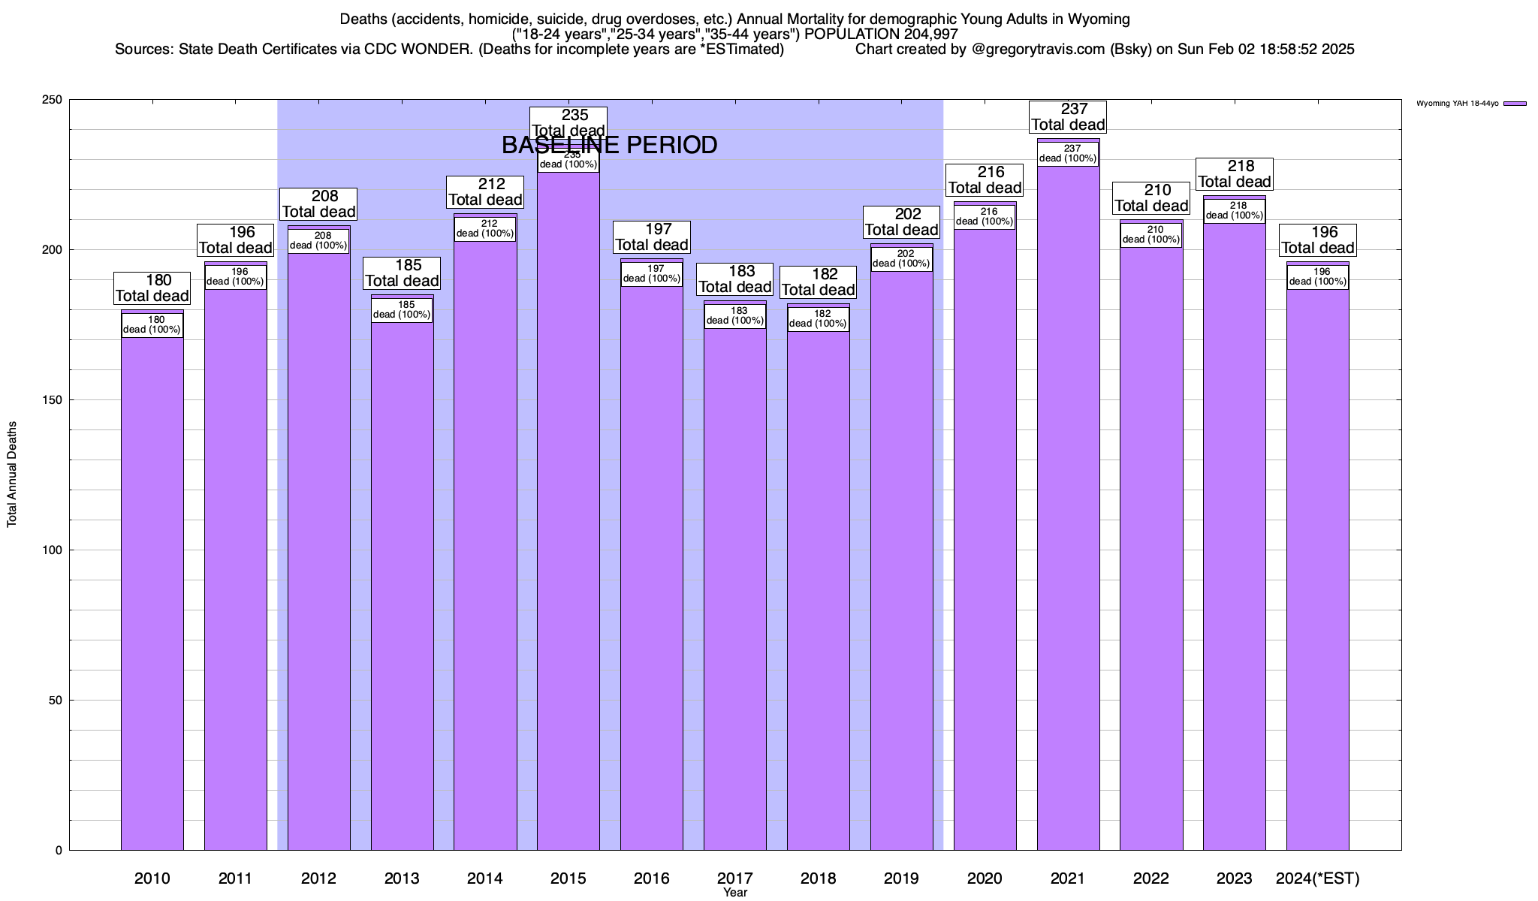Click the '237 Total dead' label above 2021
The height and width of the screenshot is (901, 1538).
(1068, 117)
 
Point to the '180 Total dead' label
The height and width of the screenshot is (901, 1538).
(152, 288)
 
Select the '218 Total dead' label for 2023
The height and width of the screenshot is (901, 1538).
(1235, 174)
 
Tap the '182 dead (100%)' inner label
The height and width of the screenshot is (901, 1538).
(818, 319)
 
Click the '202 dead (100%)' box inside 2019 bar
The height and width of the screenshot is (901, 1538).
(901, 259)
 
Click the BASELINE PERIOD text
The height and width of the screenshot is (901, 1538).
(609, 146)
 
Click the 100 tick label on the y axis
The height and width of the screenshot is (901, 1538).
(53, 550)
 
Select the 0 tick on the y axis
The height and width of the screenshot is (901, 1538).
(59, 851)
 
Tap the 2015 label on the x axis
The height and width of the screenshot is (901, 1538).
(568, 878)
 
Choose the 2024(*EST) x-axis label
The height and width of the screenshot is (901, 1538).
(1317, 878)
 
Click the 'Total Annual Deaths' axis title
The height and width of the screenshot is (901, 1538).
(12, 475)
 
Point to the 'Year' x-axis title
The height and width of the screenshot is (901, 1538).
(735, 893)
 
